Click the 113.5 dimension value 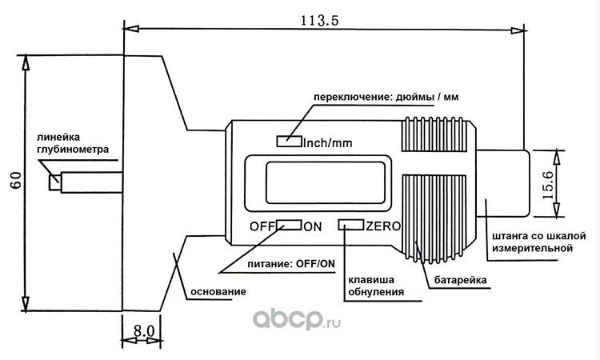coord(319,20)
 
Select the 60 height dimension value coord(17,180)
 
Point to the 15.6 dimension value coord(548,185)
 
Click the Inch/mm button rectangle coord(290,141)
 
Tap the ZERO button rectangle coord(351,225)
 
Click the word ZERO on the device coord(383,226)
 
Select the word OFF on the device coord(262,226)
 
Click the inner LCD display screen coord(326,182)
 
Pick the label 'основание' coord(218,291)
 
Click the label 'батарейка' coord(460,280)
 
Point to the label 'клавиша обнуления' coord(376,286)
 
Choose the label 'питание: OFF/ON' coord(291,263)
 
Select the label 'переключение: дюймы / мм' coord(386,97)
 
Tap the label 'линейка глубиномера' coord(73,143)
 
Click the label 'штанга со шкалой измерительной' coord(538,242)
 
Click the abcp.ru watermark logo coord(297,318)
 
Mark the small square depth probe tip coord(54,182)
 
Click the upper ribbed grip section coord(434,134)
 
